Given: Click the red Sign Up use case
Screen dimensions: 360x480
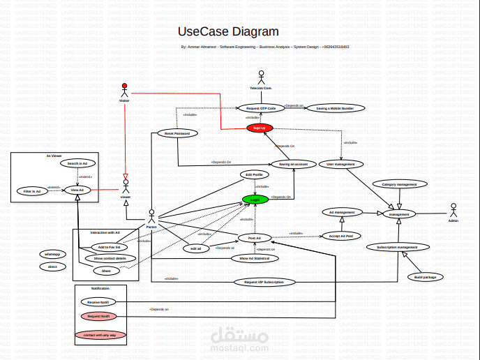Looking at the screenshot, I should point(258,128).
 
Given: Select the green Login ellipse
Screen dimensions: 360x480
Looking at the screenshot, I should point(255,199).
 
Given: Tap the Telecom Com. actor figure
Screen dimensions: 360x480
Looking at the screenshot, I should point(261,77).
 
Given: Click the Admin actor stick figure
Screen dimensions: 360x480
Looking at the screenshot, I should point(453,210).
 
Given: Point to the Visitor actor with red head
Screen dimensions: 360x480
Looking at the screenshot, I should point(125,90).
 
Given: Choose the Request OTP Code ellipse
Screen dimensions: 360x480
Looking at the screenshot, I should point(261,108).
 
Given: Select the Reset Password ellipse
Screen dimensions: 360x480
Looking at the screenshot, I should point(177,133).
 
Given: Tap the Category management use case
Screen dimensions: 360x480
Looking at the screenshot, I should point(399,184).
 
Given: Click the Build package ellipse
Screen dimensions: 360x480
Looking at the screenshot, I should point(424,277).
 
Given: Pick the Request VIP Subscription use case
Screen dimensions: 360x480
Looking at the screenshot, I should point(264,282).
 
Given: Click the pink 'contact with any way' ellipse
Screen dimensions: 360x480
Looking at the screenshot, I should point(100,335).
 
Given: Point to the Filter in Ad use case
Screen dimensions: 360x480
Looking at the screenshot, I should point(31,190).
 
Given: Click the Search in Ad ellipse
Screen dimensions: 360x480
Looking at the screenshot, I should point(77,163).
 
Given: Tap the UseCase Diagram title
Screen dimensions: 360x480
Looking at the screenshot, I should point(228,31).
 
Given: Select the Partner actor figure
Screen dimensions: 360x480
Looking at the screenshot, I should point(151,216).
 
